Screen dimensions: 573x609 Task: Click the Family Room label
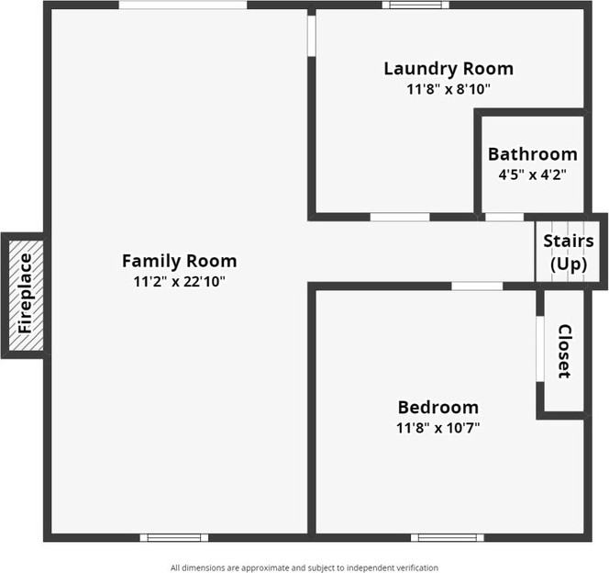click(179, 261)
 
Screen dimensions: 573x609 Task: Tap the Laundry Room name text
click(448, 69)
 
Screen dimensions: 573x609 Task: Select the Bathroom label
click(532, 154)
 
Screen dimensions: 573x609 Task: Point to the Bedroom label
click(437, 407)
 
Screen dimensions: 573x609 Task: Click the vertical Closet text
click(564, 352)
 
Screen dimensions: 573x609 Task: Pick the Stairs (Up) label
click(568, 252)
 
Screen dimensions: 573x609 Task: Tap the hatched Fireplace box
click(24, 294)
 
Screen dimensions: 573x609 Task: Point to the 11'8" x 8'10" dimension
click(448, 90)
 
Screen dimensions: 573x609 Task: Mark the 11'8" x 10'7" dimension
click(437, 428)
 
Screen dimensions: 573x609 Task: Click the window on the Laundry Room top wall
click(415, 5)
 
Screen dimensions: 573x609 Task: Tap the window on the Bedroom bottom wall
click(447, 537)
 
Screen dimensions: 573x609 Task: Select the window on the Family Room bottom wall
click(173, 537)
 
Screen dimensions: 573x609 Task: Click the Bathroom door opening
click(504, 217)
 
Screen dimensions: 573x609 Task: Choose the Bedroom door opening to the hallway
click(477, 286)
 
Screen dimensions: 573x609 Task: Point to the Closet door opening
click(540, 348)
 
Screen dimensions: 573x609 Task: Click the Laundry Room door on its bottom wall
click(399, 217)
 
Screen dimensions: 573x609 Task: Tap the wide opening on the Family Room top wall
click(183, 5)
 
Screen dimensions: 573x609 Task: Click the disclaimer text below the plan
click(304, 567)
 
